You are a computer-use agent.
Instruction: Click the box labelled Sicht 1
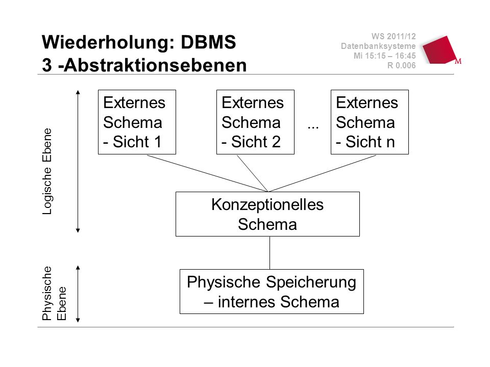(x=137, y=122)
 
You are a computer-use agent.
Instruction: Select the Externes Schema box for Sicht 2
(x=255, y=122)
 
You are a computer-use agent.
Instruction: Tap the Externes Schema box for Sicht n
(x=370, y=122)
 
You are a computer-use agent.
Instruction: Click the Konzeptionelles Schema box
(x=267, y=214)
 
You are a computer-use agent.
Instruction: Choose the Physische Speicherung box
(x=272, y=292)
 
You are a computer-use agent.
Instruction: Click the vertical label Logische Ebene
(x=47, y=171)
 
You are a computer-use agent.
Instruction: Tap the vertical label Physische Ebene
(x=54, y=294)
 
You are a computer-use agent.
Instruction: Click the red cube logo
(x=441, y=50)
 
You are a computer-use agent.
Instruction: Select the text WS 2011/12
(x=394, y=36)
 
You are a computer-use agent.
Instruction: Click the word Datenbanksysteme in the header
(x=378, y=46)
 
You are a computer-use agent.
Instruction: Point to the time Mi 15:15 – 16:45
(x=385, y=56)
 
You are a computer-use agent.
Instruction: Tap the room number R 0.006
(x=402, y=66)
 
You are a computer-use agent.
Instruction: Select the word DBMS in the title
(x=208, y=42)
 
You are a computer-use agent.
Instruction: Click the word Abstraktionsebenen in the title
(x=155, y=65)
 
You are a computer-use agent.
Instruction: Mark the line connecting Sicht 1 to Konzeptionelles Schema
(x=207, y=173)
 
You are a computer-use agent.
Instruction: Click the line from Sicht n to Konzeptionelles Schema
(x=322, y=173)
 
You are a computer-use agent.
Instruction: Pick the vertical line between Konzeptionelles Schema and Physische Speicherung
(x=269, y=253)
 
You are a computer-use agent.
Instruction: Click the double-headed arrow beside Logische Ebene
(x=78, y=162)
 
